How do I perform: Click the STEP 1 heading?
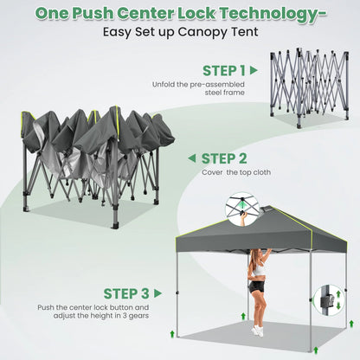(x=224, y=71)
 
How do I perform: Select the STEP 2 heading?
(x=224, y=158)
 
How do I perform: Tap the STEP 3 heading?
(x=126, y=293)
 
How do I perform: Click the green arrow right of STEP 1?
(x=254, y=70)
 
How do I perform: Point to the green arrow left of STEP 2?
(x=192, y=158)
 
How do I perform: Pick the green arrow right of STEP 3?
(x=157, y=293)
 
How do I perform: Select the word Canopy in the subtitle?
(x=203, y=32)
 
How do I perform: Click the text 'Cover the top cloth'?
(x=236, y=172)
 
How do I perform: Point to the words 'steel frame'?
(x=225, y=93)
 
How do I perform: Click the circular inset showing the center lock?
(x=242, y=209)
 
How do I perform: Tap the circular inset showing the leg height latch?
(x=329, y=300)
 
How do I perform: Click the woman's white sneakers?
(x=258, y=331)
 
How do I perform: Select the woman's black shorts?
(x=255, y=286)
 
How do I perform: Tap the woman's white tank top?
(x=259, y=269)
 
